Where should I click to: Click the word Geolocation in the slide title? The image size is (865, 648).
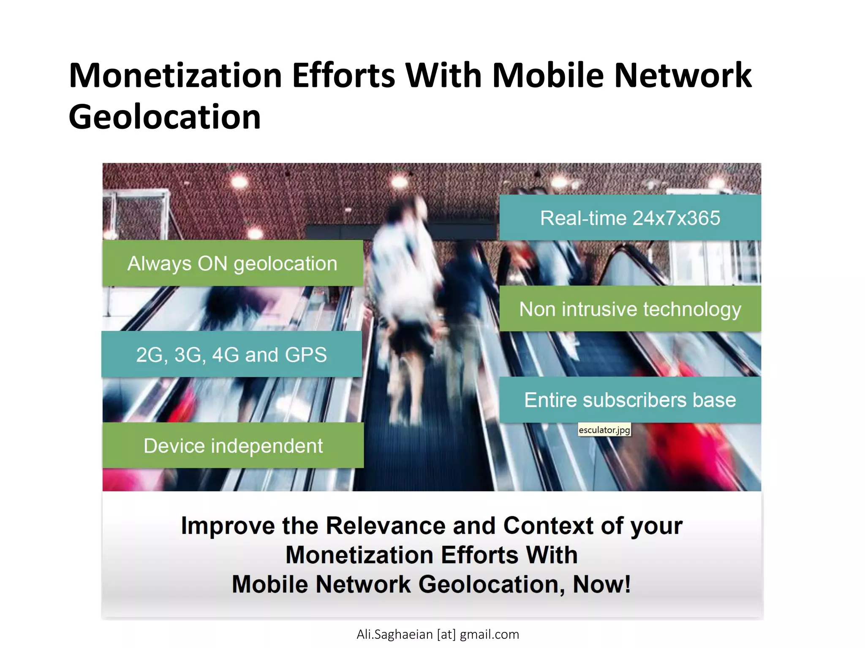165,117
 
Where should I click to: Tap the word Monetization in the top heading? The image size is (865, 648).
175,76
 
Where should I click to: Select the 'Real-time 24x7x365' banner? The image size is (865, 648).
630,218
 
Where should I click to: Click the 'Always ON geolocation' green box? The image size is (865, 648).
232,264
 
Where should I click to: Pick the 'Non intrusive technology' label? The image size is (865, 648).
630,309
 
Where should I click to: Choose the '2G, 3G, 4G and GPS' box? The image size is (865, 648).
231,354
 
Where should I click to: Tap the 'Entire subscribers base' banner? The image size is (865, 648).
630,400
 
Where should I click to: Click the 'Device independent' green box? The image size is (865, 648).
233,446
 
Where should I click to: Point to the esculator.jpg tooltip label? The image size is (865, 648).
604,430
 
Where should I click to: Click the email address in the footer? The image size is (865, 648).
438,634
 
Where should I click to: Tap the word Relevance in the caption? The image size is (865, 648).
385,526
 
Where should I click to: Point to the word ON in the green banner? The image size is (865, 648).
212,264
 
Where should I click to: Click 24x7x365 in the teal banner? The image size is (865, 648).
676,218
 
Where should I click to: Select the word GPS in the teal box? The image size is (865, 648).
306,354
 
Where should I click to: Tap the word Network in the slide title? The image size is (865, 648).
683,76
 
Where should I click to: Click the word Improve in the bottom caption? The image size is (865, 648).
228,526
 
